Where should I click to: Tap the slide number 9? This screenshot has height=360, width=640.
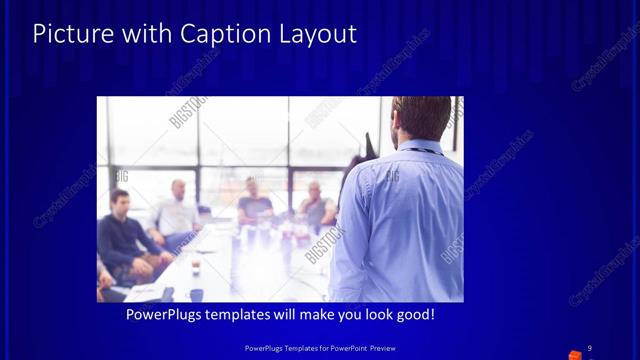click(589, 348)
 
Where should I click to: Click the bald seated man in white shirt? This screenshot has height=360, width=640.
click(177, 212)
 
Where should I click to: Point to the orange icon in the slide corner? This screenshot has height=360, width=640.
click(575, 355)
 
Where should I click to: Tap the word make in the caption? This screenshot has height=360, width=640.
click(312, 315)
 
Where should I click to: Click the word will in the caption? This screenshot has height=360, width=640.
click(285, 315)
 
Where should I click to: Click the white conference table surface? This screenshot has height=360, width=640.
click(250, 265)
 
